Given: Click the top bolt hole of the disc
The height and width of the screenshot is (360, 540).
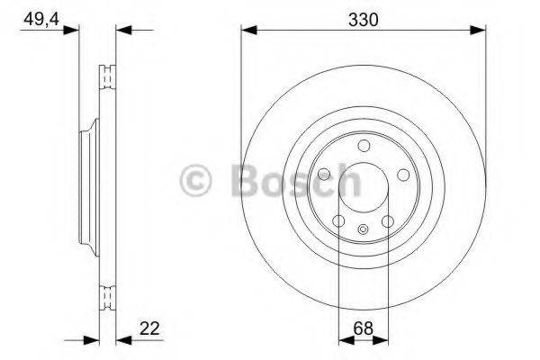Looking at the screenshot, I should click(x=363, y=146).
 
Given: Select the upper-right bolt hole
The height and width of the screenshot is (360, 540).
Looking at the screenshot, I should click(x=403, y=174).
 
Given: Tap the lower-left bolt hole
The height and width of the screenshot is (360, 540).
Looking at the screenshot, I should click(x=337, y=221).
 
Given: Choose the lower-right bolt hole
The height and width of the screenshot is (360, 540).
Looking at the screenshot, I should click(x=388, y=221).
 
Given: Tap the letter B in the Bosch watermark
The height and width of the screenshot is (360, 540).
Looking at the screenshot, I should click(x=244, y=181).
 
